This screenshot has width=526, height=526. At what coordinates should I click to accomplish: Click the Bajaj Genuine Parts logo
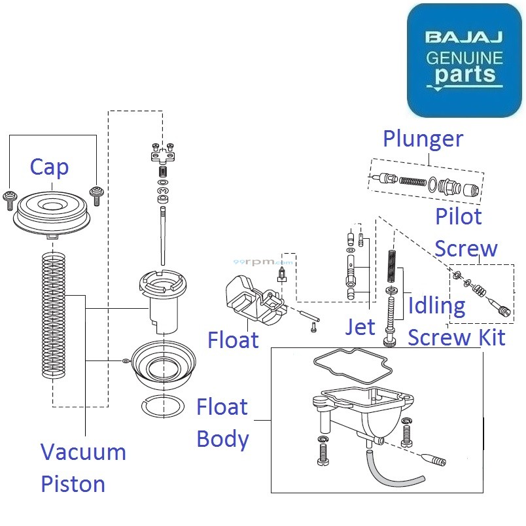pos(465,60)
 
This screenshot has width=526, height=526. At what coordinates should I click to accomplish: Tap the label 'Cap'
pos(49,168)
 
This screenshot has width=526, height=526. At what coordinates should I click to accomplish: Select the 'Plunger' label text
pos(423,139)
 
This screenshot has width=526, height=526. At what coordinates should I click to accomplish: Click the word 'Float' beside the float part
pos(233,340)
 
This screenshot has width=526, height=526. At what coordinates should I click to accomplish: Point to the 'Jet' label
pos(360,326)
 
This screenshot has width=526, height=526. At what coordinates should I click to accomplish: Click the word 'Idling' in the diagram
pos(437,306)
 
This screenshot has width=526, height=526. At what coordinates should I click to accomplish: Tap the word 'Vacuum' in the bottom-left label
pos(83,452)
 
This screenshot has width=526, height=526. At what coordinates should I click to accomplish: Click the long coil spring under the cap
pos(53,314)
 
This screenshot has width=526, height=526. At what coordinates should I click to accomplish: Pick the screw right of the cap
pos(96,193)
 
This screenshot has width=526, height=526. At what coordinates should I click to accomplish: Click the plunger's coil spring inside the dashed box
pos(412,181)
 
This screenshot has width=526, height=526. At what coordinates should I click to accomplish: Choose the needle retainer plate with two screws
pos(162,154)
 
